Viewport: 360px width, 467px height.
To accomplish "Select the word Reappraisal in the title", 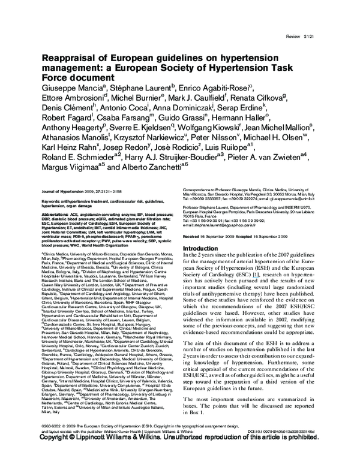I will point(68,59).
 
